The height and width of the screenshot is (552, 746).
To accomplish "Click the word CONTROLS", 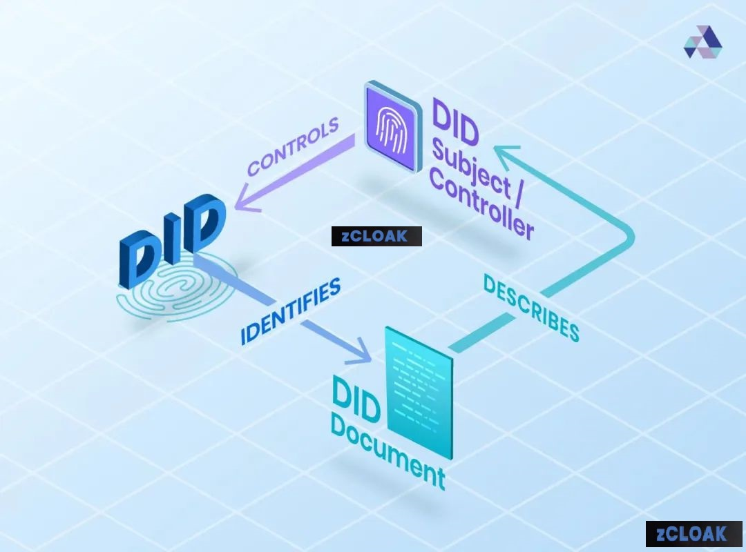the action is tap(293, 146).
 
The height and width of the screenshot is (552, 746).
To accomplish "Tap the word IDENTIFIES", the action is tap(290, 311).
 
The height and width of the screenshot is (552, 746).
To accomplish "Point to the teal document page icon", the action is tap(419, 393).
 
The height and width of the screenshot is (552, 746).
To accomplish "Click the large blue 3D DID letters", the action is tap(172, 239).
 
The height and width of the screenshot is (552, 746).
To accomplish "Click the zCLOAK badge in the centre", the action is tap(376, 236).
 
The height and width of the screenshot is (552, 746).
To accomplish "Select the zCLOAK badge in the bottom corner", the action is tap(694, 534).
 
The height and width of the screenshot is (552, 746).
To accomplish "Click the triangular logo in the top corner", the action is tap(702, 42).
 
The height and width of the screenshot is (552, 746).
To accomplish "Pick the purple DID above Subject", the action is tap(455, 121).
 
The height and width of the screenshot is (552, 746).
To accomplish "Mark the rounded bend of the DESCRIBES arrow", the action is tap(628, 238).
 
